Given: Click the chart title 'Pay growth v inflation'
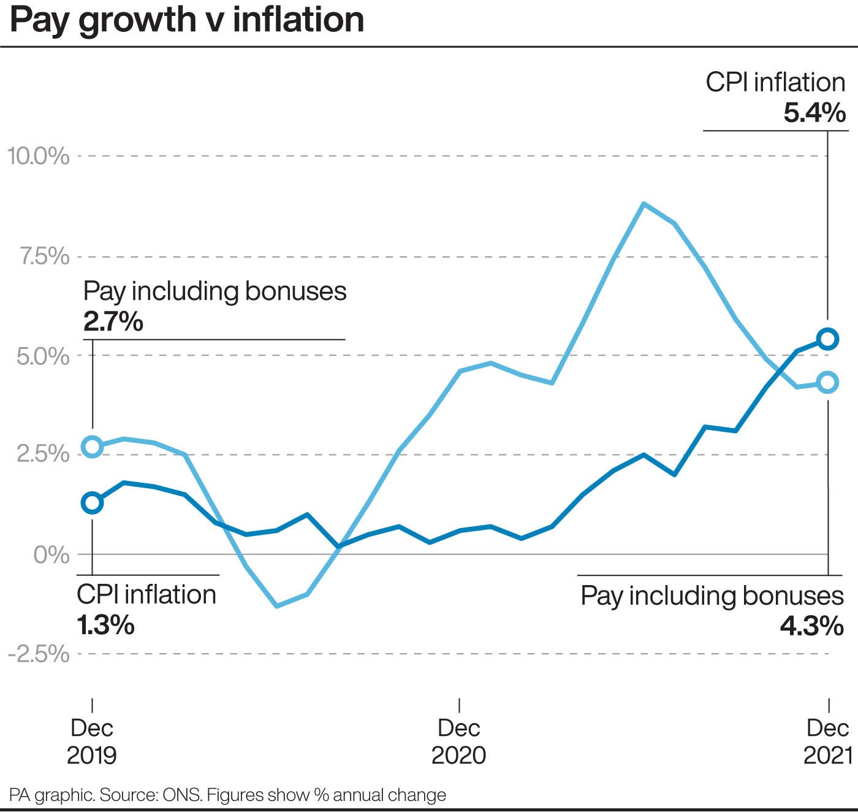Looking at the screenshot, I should [x=187, y=20].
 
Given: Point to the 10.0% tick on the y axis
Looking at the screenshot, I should [x=39, y=156].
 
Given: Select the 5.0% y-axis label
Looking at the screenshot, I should [x=43, y=356].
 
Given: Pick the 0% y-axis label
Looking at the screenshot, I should [x=51, y=555].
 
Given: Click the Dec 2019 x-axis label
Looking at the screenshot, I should [x=92, y=741].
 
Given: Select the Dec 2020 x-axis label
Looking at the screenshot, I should [x=458, y=741].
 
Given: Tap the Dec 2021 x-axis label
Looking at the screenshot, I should [x=828, y=741].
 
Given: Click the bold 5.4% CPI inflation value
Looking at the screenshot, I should [x=814, y=113].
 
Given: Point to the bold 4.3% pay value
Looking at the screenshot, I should [x=811, y=626].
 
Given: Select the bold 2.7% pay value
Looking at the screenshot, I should [x=113, y=321].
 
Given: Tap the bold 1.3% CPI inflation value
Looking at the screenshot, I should [x=105, y=625].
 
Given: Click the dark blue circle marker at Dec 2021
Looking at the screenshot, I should [x=828, y=339].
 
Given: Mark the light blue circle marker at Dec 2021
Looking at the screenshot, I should [x=828, y=382].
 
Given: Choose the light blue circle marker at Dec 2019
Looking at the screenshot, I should [x=93, y=446].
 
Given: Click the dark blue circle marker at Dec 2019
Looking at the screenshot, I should [x=93, y=503].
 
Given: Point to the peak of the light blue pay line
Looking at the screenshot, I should [x=643, y=203].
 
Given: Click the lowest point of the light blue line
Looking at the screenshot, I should [x=277, y=606].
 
